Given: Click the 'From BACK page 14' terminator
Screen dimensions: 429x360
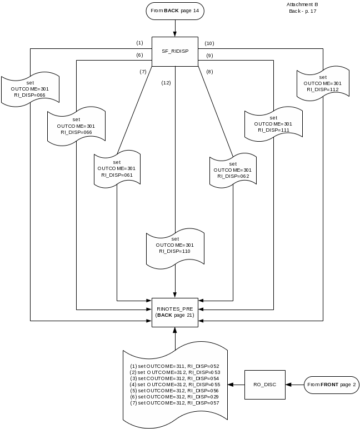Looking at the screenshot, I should tap(174, 11).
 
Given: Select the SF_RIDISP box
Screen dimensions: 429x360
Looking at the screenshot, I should tap(174, 51).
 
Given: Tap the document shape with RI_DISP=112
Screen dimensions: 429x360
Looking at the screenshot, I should tap(323, 83).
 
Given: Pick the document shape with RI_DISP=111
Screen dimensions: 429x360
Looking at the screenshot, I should tap(273, 123).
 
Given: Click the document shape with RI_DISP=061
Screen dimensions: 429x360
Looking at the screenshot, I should tap(116, 168).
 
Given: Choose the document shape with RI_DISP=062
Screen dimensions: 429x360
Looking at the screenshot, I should tap(233, 169).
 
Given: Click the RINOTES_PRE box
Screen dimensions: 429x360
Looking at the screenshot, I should tap(174, 312).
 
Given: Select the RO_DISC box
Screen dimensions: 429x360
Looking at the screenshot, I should tap(265, 385).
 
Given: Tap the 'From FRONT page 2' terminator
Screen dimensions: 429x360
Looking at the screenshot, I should tap(331, 385).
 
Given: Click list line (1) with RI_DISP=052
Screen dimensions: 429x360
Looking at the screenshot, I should tap(174, 366).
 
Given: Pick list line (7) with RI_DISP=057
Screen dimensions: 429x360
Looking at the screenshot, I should tap(174, 402).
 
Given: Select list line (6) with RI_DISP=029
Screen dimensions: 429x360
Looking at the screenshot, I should tap(174, 396).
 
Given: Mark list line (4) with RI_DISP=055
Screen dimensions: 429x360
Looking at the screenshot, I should tap(174, 385).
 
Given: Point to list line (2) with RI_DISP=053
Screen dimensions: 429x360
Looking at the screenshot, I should tap(174, 372).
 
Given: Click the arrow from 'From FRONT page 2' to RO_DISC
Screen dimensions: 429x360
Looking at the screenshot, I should tap(294, 385).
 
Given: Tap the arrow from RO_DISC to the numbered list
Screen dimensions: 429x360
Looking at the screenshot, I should tap(237, 385).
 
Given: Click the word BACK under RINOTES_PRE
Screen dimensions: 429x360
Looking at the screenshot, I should tap(164, 315).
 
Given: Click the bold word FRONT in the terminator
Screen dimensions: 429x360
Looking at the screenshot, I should tap(329, 385).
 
